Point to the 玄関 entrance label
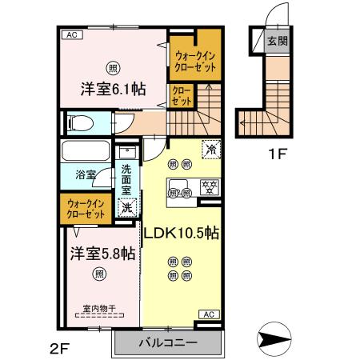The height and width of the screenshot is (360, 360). (x=277, y=42)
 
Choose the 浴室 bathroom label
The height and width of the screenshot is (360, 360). (x=86, y=173)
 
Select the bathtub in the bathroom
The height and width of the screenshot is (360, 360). (x=86, y=151)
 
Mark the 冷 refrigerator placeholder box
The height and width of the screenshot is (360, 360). (x=211, y=148)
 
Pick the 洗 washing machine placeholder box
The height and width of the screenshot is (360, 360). (x=127, y=207)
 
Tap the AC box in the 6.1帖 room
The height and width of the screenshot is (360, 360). (x=71, y=35)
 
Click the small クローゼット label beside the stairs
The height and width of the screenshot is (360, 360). (x=182, y=97)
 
